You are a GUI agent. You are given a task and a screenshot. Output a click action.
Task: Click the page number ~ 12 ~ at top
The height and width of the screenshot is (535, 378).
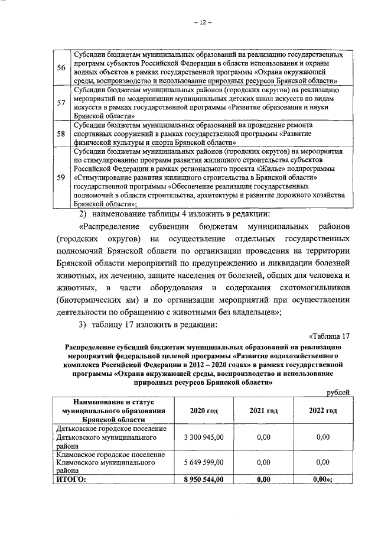pyautogui.click(x=201, y=23)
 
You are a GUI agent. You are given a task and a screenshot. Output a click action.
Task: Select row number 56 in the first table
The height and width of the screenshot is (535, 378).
pyautogui.click(x=60, y=67)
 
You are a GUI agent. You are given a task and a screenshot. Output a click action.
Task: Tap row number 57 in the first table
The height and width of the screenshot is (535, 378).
pyautogui.click(x=60, y=102)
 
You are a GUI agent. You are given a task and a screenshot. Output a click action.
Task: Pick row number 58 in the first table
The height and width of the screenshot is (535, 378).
pyautogui.click(x=60, y=134)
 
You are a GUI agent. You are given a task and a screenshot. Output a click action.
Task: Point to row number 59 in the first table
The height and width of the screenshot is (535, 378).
pyautogui.click(x=60, y=177)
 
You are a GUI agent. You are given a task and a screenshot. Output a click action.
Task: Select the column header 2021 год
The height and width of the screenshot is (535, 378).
pyautogui.click(x=263, y=411)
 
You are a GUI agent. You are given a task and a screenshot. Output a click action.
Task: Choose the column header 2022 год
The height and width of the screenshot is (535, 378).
pyautogui.click(x=322, y=411)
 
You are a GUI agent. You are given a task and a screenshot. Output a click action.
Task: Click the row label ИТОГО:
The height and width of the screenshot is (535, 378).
pyautogui.click(x=71, y=480)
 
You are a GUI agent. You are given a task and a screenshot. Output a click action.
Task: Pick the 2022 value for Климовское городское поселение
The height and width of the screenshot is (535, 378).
pyautogui.click(x=322, y=463)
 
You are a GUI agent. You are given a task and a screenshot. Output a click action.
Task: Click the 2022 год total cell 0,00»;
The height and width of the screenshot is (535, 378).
pyautogui.click(x=324, y=480)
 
